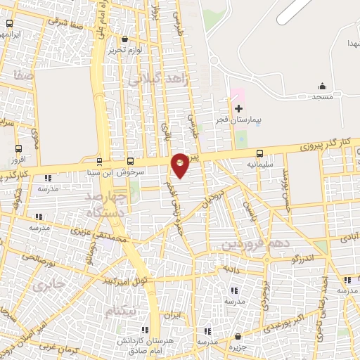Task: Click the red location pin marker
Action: pyautogui.click(x=181, y=165)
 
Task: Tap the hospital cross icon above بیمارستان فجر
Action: pyautogui.click(x=238, y=109)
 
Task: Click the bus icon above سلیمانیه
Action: pyautogui.click(x=260, y=153)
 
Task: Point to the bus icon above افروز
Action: pyautogui.click(x=18, y=148)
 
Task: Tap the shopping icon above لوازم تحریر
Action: pyautogui.click(x=125, y=39)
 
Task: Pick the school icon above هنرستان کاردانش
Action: pyautogui.click(x=145, y=329)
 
